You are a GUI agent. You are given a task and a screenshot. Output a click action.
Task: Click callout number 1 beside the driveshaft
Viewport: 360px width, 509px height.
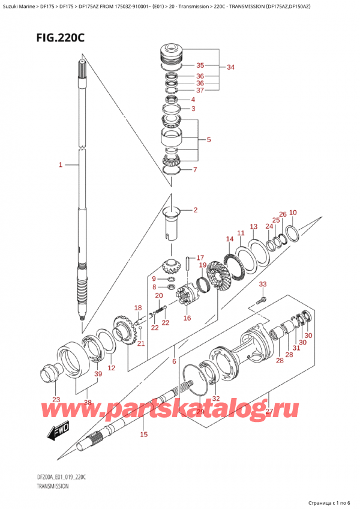click(60, 164)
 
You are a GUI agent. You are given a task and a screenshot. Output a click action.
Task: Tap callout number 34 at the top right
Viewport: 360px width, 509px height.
click(230, 67)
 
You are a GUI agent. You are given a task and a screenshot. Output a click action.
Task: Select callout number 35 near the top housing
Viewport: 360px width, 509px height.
click(200, 65)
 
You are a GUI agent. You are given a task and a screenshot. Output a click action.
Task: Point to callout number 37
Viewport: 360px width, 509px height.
click(200, 91)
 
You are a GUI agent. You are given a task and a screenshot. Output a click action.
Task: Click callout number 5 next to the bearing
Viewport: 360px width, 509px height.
click(208, 140)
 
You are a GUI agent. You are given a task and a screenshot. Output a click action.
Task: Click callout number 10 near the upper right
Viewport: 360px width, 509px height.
click(292, 212)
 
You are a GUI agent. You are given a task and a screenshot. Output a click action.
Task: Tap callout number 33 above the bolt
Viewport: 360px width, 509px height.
click(262, 284)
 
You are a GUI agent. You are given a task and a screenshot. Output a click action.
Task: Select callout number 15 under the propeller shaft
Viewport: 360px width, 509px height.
click(143, 434)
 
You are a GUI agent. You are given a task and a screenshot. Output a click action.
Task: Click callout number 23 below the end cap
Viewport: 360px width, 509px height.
click(56, 399)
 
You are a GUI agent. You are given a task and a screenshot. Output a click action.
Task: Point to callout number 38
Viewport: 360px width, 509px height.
click(89, 403)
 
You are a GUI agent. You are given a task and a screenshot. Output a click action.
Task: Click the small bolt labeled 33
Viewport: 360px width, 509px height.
click(260, 299)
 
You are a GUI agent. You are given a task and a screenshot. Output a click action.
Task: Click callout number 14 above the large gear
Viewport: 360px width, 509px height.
click(230, 239)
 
